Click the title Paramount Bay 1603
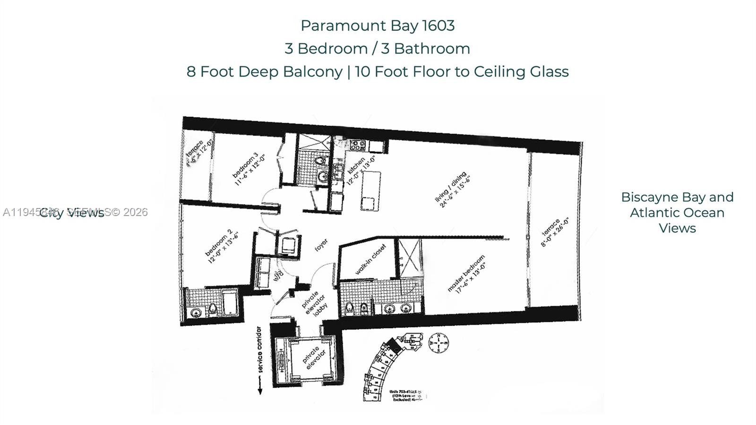coord(378,26)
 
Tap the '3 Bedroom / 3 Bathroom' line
coord(378,49)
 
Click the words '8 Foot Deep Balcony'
coord(264,72)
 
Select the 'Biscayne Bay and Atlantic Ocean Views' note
coord(677,213)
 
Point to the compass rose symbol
coord(438,343)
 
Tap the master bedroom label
coord(467,274)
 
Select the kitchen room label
coord(361,171)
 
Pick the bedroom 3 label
coord(249,168)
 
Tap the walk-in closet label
coord(370,260)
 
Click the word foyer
coord(321,245)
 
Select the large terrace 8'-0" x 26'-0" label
coord(554,232)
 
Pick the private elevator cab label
coord(312,359)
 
